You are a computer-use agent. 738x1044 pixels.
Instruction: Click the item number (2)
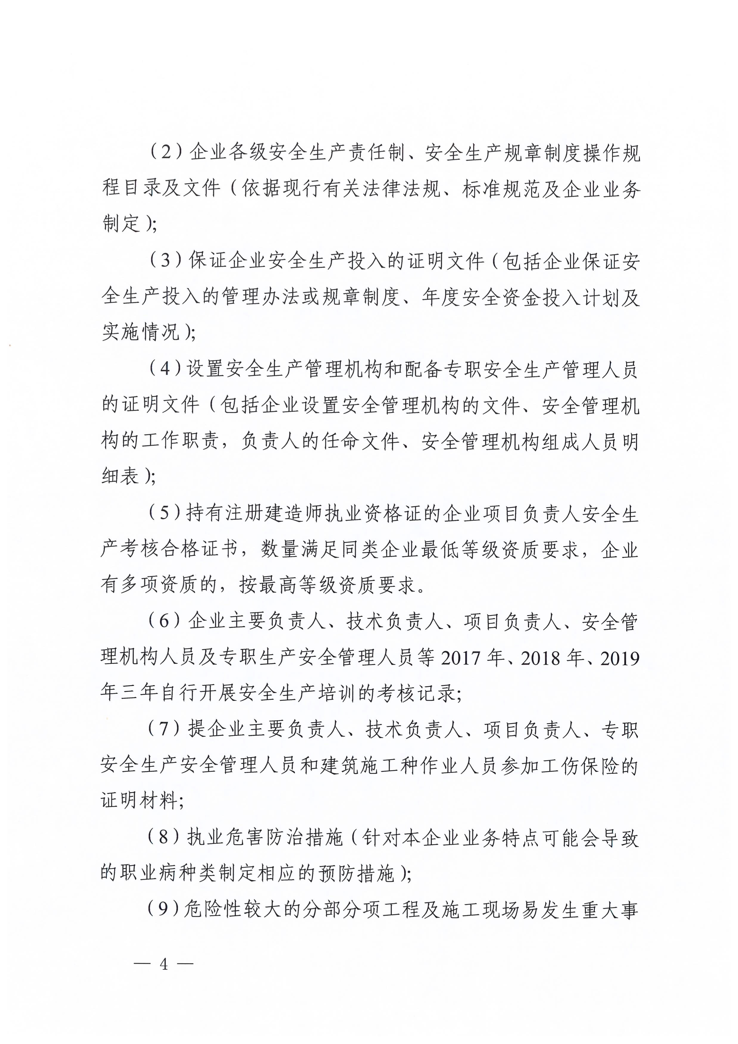pos(166,151)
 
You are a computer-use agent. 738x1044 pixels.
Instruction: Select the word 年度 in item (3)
pos(441,297)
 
